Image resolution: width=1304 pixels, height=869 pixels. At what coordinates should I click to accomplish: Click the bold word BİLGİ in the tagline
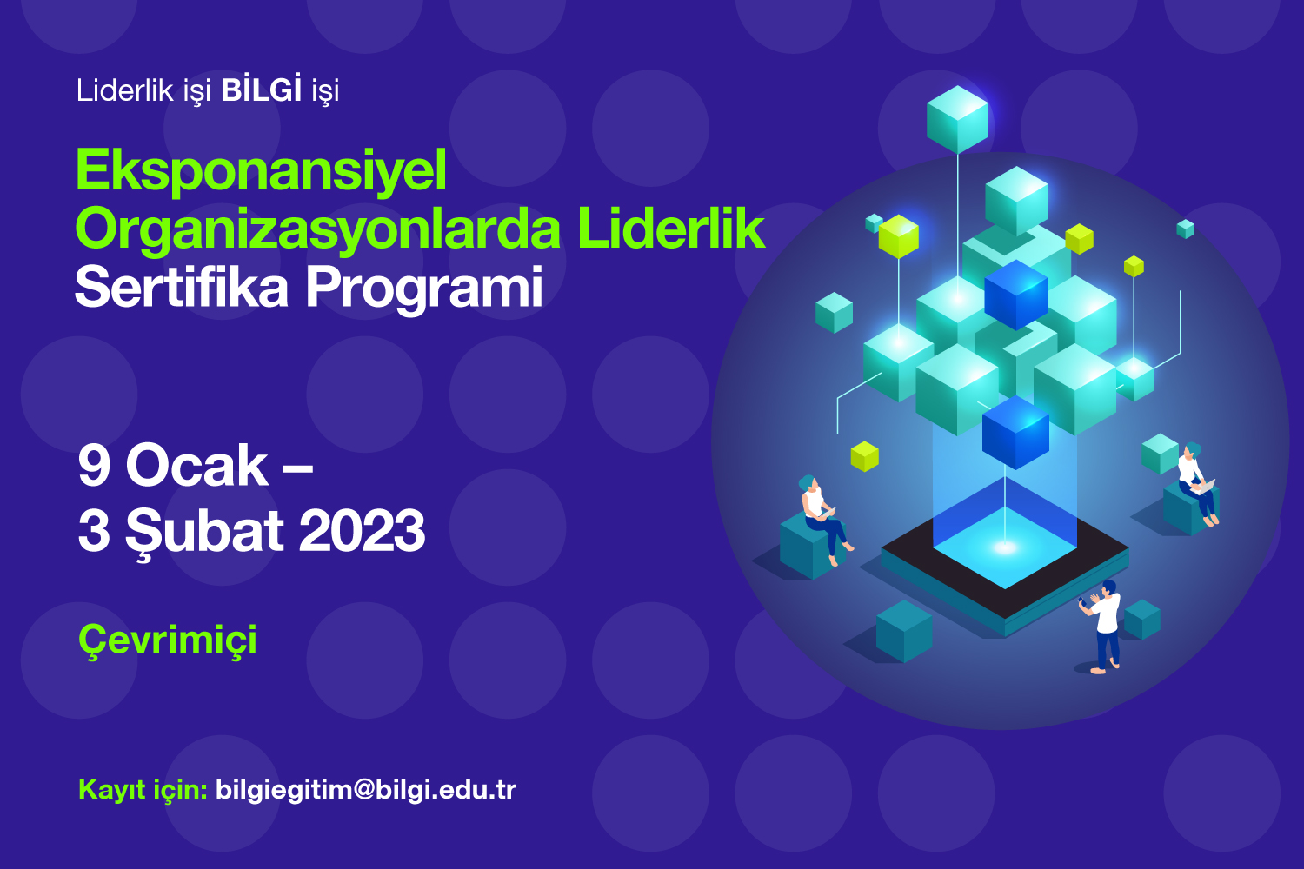262,90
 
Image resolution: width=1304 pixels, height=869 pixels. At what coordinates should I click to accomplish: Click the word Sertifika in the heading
182,287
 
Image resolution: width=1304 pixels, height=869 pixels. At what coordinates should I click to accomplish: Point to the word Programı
424,290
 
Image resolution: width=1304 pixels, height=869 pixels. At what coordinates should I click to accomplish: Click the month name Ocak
196,466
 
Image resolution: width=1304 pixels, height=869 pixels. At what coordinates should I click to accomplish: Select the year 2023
362,531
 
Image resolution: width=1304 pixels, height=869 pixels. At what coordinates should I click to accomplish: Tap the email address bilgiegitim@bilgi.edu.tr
366,791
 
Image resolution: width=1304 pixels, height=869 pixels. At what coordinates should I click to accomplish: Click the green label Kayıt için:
143,791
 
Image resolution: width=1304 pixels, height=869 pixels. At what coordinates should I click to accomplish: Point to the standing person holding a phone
1102,627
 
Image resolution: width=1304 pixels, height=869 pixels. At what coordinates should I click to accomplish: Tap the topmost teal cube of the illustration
958,119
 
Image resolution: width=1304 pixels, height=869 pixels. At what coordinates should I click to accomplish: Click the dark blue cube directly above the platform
1016,433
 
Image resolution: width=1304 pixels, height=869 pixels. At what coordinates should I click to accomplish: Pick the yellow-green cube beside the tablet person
864,456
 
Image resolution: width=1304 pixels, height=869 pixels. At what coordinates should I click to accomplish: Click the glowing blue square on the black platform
1005,547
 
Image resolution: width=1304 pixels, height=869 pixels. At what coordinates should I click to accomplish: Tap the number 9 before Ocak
94,466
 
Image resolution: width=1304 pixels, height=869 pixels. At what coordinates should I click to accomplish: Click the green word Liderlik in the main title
671,229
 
